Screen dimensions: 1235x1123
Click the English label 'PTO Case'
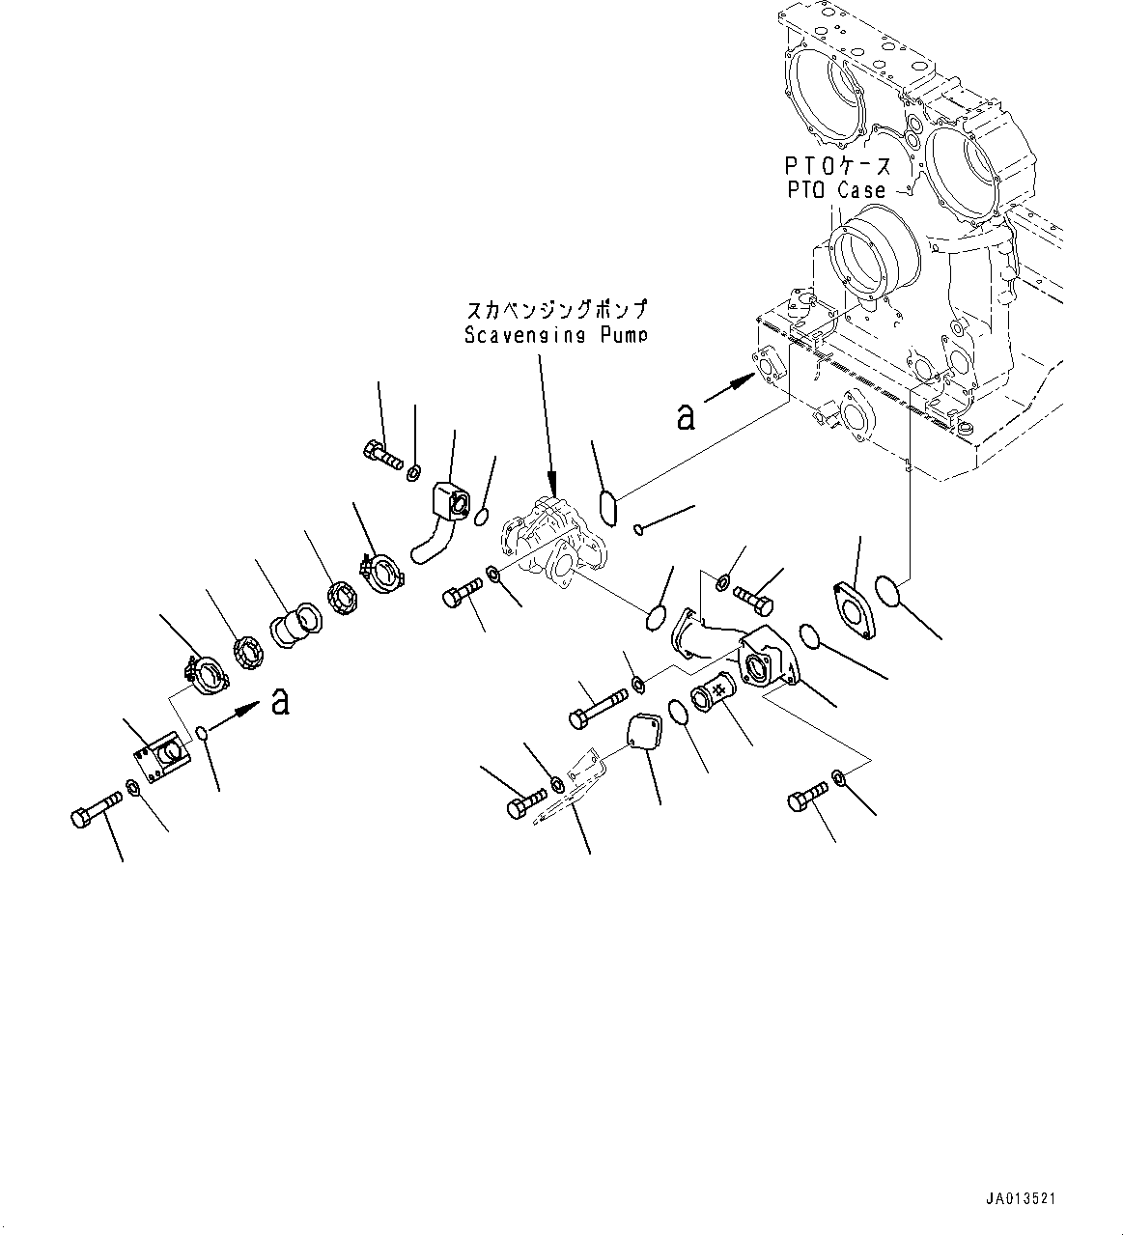point(834,190)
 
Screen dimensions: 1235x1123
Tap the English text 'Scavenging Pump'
point(554,335)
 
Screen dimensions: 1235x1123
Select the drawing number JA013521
point(1021,1198)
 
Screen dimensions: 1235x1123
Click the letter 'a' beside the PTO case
point(686,415)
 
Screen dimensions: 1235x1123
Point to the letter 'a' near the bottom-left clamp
point(280,701)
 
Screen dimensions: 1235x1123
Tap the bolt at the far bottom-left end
point(97,808)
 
